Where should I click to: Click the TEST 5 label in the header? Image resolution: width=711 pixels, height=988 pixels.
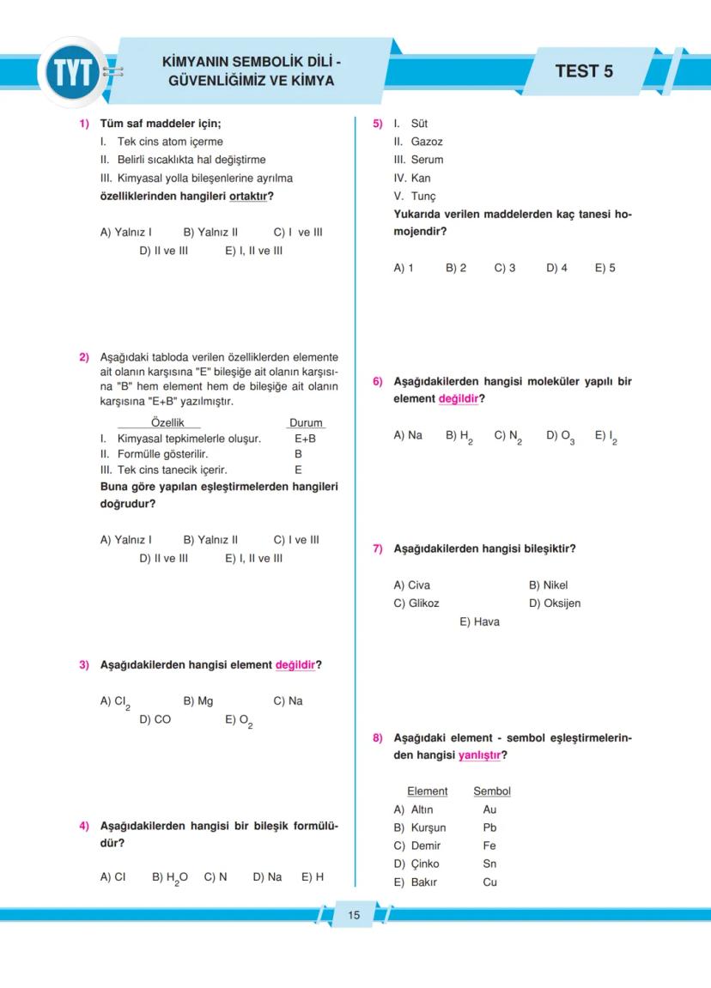pos(584,71)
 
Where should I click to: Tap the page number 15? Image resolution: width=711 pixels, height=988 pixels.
pos(354,915)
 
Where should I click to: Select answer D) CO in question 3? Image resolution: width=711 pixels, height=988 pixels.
pos(155,719)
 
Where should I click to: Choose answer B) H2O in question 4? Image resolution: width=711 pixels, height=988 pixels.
pos(170,877)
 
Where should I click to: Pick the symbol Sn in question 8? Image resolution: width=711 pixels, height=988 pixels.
pos(489,864)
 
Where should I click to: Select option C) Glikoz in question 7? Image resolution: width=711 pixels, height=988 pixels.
pos(416,603)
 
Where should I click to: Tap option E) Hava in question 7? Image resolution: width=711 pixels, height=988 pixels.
pos(479,621)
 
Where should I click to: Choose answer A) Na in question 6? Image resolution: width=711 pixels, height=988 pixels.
pos(408,435)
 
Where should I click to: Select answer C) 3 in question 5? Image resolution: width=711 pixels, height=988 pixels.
pos(505,268)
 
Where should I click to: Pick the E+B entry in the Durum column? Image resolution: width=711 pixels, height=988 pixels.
pos(305,439)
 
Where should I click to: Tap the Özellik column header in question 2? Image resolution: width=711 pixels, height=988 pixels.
pos(167,422)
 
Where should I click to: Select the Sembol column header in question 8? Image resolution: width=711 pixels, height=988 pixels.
pos(491,791)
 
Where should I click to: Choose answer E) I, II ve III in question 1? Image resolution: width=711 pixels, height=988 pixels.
pos(254,251)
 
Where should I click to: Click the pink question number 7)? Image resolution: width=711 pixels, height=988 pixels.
pos(377,549)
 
